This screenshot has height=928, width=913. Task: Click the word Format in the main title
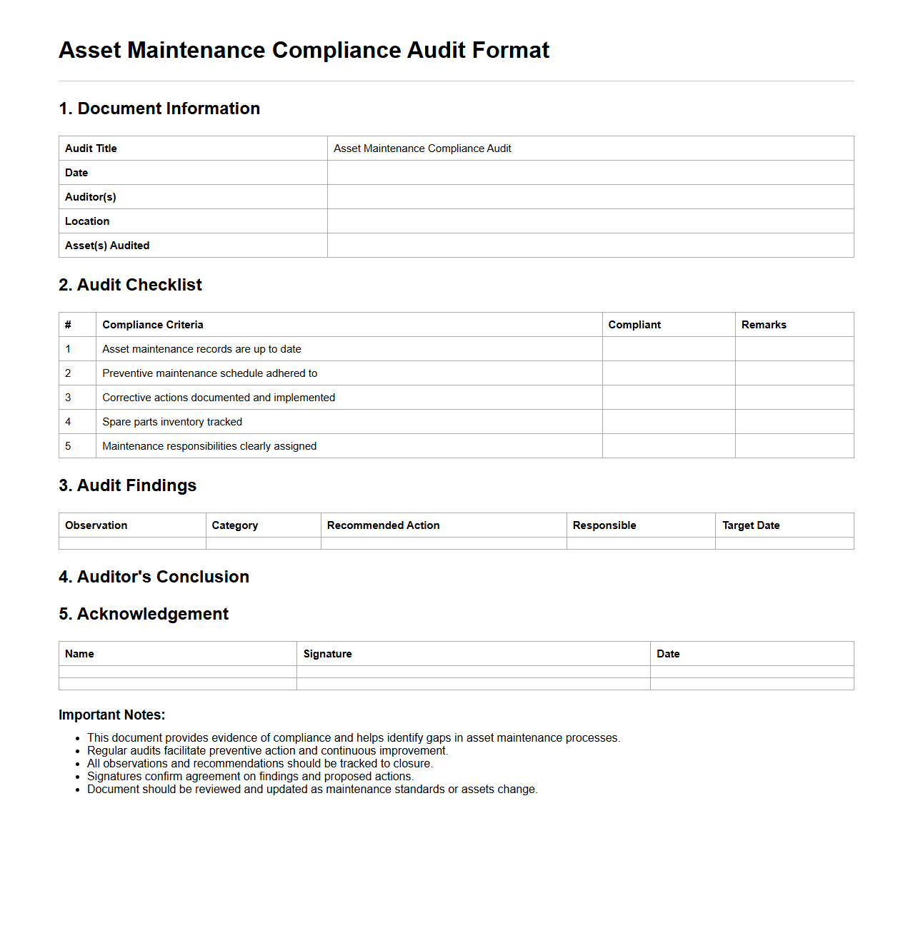[x=510, y=51]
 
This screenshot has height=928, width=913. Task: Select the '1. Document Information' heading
[x=159, y=109]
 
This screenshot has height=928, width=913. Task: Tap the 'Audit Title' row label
[x=91, y=148]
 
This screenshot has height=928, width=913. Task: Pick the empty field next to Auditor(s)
[x=590, y=197]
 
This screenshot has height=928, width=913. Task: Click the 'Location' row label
[x=87, y=221]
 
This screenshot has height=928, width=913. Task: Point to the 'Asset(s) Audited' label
[x=107, y=246]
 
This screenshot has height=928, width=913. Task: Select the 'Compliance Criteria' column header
[x=153, y=325]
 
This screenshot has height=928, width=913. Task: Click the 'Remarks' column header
[x=764, y=325]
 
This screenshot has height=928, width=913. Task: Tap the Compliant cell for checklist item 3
[x=668, y=398]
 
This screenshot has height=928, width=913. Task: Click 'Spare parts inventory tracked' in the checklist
[x=172, y=422]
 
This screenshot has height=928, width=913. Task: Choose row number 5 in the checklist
[x=69, y=446]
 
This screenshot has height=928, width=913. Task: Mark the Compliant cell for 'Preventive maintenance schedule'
[x=668, y=373]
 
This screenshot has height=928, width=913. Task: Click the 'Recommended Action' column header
[x=383, y=525]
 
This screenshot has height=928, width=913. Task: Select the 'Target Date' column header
[x=751, y=525]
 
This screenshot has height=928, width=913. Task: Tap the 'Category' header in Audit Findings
[x=235, y=525]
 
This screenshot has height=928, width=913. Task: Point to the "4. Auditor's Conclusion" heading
[x=154, y=577]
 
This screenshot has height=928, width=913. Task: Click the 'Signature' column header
[x=327, y=654]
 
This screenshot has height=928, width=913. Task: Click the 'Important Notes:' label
[x=111, y=715]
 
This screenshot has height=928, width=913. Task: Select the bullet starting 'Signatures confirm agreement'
[x=250, y=777]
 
